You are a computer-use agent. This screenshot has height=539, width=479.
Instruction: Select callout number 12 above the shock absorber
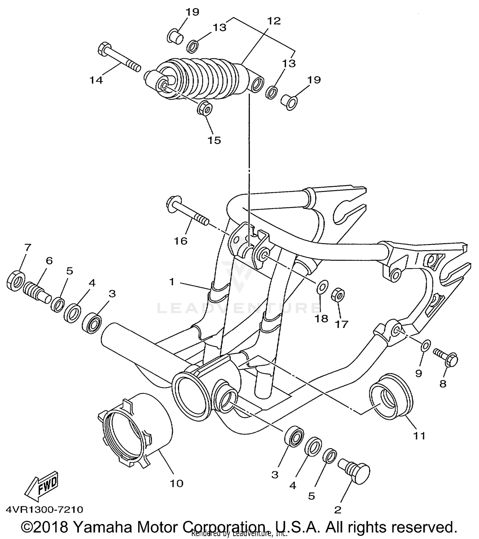pyautogui.click(x=274, y=21)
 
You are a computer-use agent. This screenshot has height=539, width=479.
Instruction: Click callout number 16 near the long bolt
pyautogui.click(x=180, y=241)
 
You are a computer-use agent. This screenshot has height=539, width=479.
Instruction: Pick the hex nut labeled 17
pyautogui.click(x=338, y=294)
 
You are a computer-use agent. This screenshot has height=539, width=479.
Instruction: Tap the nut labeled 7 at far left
pyautogui.click(x=15, y=281)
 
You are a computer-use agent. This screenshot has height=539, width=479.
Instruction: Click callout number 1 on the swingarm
pyautogui.click(x=172, y=282)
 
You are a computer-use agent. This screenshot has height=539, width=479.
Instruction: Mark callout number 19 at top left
pyautogui.click(x=192, y=12)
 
